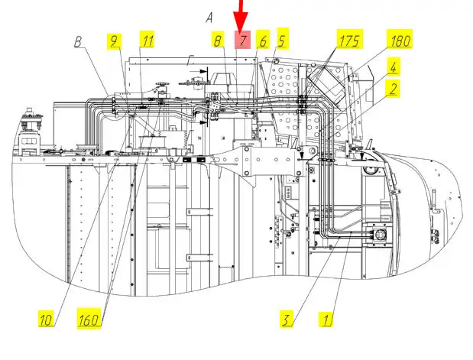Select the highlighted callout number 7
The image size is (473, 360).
point(243,40)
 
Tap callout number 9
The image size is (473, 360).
point(114,40)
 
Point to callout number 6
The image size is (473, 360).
point(263,41)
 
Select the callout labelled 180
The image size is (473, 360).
point(400,41)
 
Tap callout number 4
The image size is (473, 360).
point(392,66)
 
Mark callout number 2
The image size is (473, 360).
point(391,89)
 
